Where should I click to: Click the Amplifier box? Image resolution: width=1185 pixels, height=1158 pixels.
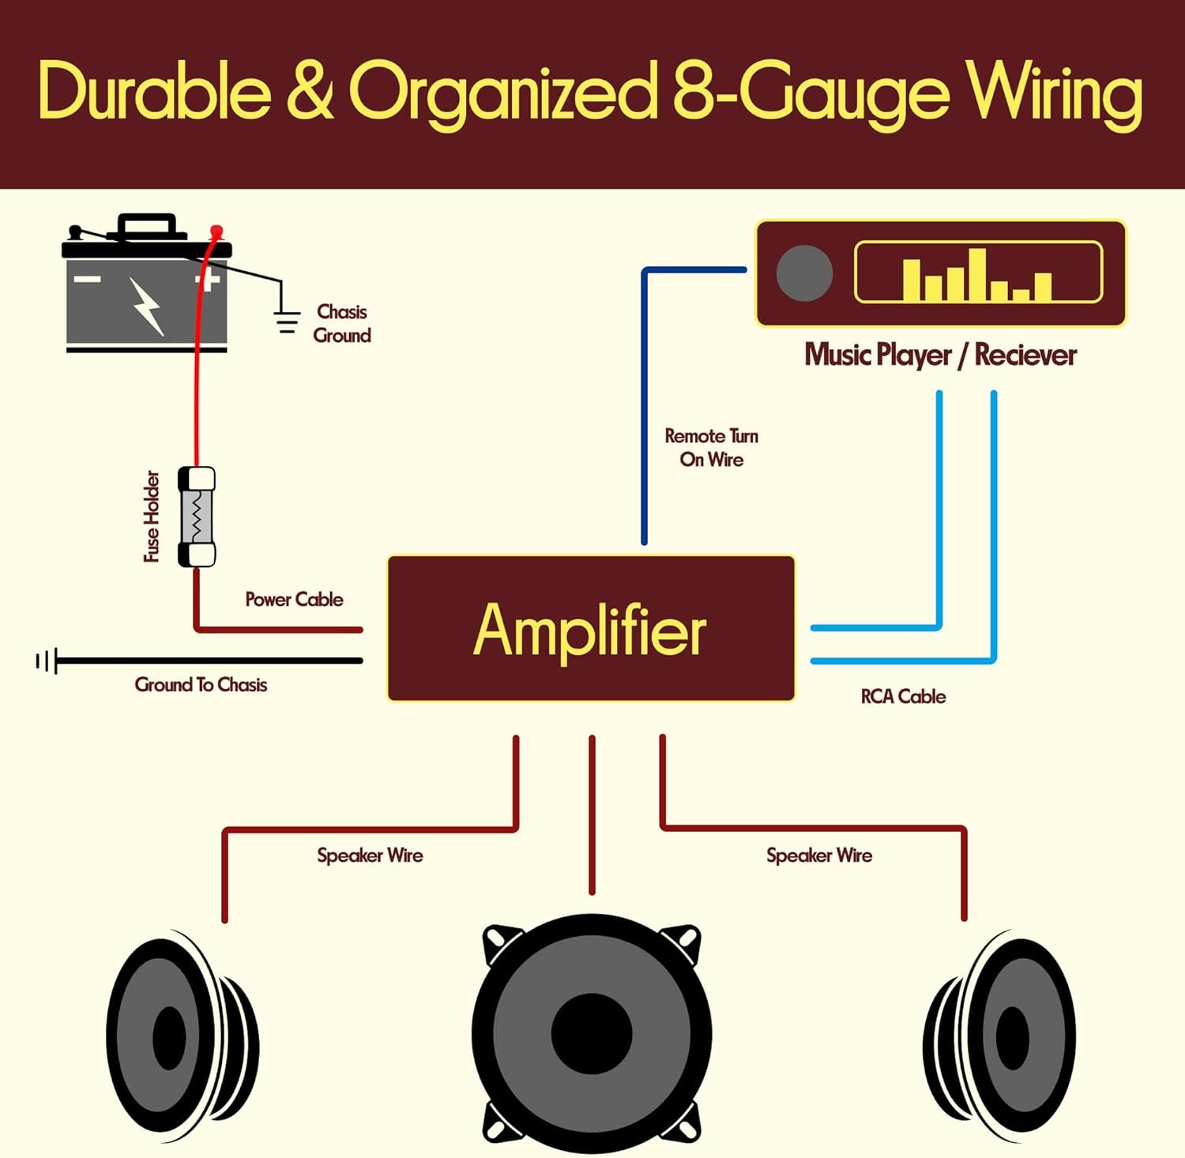tap(591, 629)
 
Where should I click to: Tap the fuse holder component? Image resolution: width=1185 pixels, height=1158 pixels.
tap(197, 517)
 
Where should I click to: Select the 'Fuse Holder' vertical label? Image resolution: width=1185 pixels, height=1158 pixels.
tap(152, 517)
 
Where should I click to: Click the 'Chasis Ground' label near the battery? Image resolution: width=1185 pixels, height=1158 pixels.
tap(342, 324)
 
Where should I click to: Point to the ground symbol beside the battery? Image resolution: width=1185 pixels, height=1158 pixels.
tap(286, 321)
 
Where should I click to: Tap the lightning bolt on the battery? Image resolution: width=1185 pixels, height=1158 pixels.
tap(147, 305)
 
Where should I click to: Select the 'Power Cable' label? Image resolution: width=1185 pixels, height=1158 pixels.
tap(294, 600)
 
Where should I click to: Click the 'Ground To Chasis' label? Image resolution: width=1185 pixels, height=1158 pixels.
tap(201, 685)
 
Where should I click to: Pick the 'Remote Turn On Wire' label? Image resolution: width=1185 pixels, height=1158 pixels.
tap(711, 448)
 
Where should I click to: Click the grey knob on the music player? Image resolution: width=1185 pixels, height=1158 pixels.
tap(804, 273)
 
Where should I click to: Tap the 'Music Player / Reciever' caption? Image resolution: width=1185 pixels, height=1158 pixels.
tap(940, 355)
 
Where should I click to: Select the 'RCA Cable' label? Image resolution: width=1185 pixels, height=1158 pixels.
tap(903, 697)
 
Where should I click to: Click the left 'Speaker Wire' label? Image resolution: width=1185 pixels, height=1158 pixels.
tap(370, 855)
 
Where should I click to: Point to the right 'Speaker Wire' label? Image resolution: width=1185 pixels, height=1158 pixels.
tap(819, 855)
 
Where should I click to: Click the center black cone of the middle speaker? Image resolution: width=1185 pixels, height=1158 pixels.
tap(592, 1033)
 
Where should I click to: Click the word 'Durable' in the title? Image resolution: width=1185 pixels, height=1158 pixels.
tap(155, 92)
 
